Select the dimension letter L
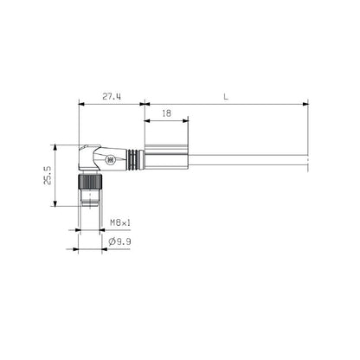click(226, 97)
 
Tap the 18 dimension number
click(165, 113)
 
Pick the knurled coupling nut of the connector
click(91, 182)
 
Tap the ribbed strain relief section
click(133, 160)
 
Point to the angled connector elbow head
click(93, 157)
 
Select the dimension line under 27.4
click(111, 104)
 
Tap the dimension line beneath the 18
click(165, 120)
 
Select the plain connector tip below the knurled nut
click(90, 200)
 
